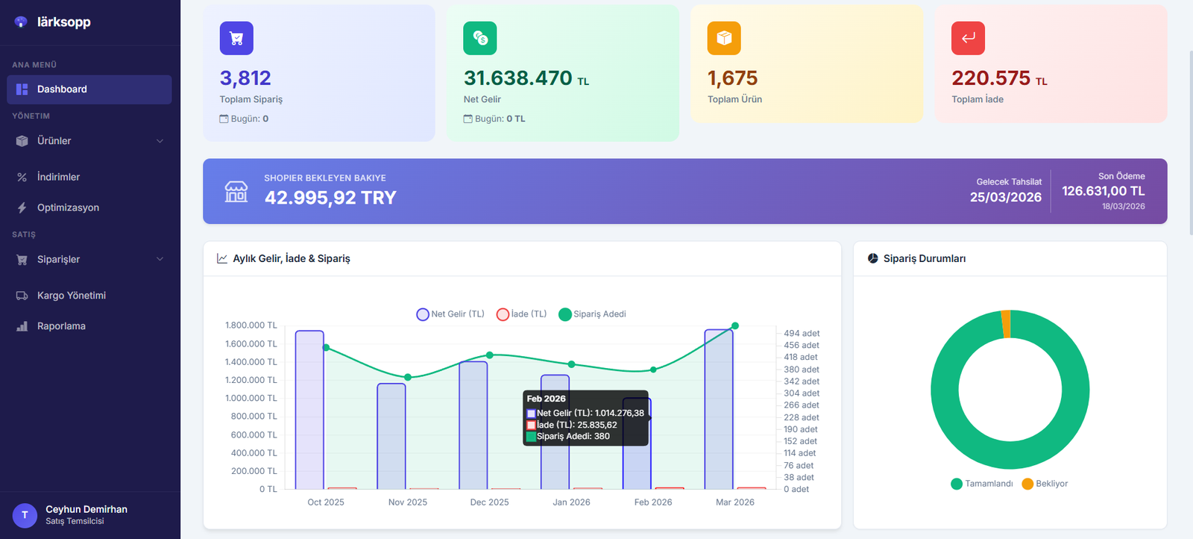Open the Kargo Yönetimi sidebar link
click(71, 296)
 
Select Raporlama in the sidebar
click(61, 326)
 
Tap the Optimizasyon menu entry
click(68, 208)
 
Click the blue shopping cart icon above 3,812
click(236, 38)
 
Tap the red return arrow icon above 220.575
click(968, 38)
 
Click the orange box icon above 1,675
click(724, 38)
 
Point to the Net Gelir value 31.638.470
click(517, 78)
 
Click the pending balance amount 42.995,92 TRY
click(330, 198)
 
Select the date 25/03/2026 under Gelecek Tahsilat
click(1005, 197)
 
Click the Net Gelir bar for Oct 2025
click(309, 411)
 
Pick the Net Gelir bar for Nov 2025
click(391, 437)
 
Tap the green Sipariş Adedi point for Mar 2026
click(735, 325)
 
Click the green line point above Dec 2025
click(490, 355)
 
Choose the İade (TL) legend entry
click(522, 314)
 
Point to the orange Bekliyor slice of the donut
click(1006, 324)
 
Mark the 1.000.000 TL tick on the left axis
click(251, 399)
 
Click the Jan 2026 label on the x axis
click(571, 502)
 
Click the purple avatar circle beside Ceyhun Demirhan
click(25, 515)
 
